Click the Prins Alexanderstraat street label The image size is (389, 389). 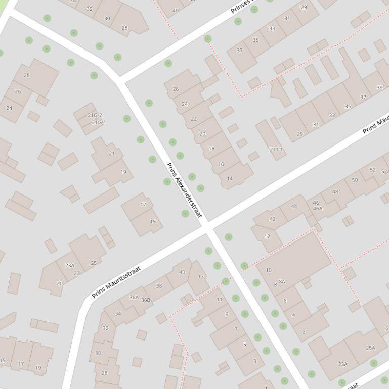(x=184, y=190)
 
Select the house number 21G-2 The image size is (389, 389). (x=95, y=115)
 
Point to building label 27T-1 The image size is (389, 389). (x=276, y=150)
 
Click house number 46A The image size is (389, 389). (x=317, y=208)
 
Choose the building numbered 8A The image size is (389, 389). (x=282, y=282)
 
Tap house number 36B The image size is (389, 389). (x=146, y=300)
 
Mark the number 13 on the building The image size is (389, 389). (x=201, y=276)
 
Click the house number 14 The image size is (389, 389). (x=230, y=178)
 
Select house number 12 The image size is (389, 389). (x=267, y=236)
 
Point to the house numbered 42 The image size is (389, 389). (x=273, y=219)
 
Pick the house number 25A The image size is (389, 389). (x=371, y=348)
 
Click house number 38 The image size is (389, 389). (x=159, y=286)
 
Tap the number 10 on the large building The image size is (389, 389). (x=269, y=270)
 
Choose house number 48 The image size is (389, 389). (x=335, y=192)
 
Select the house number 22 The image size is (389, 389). (x=194, y=119)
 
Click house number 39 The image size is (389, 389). (x=380, y=87)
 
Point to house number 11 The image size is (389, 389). (x=219, y=299)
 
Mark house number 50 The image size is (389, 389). (x=355, y=180)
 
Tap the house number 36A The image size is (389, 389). (x=134, y=297)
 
